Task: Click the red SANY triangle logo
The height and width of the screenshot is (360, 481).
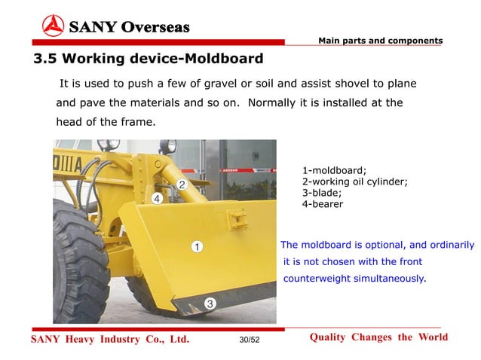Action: [53, 27]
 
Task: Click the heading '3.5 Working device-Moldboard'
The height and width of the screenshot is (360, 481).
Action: [148, 58]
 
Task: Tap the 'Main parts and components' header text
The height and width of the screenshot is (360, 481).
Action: [380, 40]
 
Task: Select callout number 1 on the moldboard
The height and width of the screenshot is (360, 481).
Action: [195, 246]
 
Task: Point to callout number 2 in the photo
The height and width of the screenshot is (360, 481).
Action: [182, 185]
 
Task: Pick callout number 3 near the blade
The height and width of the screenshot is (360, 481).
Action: [210, 303]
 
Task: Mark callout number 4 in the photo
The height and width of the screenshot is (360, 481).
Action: [157, 199]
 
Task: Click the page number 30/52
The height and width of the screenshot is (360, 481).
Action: [249, 340]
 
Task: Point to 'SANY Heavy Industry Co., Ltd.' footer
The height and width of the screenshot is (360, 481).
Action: [109, 340]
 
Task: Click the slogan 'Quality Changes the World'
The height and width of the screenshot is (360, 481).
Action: [378, 337]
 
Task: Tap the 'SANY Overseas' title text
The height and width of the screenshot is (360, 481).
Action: [129, 28]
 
